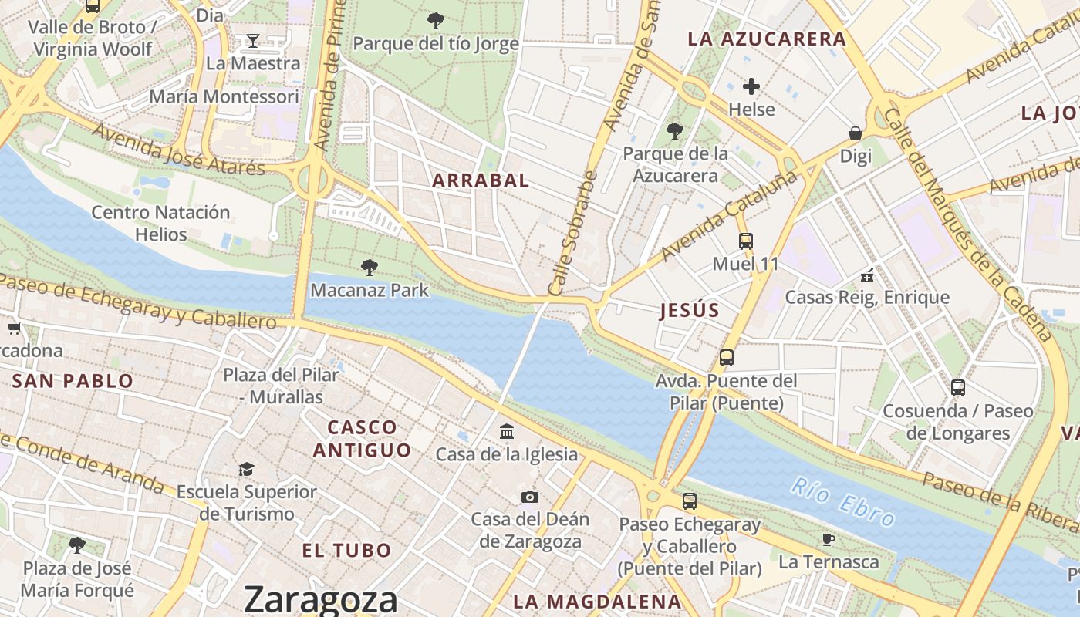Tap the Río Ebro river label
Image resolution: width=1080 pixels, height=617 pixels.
tap(842, 501)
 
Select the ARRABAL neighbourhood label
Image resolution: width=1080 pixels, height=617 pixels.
tap(481, 180)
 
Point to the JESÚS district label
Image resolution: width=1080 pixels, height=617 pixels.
tap(690, 311)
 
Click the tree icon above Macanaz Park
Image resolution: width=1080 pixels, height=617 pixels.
tap(370, 268)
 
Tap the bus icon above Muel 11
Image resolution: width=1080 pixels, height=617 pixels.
tap(745, 241)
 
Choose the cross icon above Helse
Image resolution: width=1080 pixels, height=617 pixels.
tap(751, 86)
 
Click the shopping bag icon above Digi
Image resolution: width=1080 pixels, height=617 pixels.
tap(856, 133)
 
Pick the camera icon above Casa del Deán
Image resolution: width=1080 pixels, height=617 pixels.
tap(529, 497)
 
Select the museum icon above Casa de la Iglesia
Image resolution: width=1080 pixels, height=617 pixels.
tap(507, 431)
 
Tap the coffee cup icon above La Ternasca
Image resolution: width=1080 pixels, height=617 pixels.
tap(829, 539)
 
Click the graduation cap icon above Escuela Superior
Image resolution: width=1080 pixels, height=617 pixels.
tap(246, 469)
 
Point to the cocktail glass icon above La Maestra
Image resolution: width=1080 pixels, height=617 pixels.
tap(252, 41)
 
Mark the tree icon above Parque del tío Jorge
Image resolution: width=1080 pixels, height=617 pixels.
tap(436, 21)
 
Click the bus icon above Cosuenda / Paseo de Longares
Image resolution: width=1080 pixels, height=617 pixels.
tap(958, 388)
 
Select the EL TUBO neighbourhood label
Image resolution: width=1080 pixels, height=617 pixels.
tap(346, 551)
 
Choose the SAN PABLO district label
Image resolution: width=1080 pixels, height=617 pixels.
tap(73, 381)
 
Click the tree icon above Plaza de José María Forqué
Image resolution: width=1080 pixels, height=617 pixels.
tap(76, 545)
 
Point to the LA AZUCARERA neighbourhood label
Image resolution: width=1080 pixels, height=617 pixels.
tap(767, 39)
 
